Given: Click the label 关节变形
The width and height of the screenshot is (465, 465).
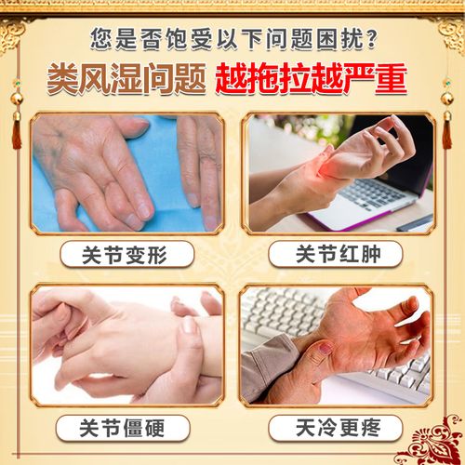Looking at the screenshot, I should pos(126,253).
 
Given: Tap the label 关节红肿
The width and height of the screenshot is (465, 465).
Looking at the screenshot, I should pos(338,253).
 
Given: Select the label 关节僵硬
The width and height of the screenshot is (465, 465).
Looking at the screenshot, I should pos(126,427).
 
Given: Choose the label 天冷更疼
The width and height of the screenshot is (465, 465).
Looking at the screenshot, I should pos(338,427).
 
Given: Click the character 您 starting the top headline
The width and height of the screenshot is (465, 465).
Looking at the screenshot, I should pos(101,38).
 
